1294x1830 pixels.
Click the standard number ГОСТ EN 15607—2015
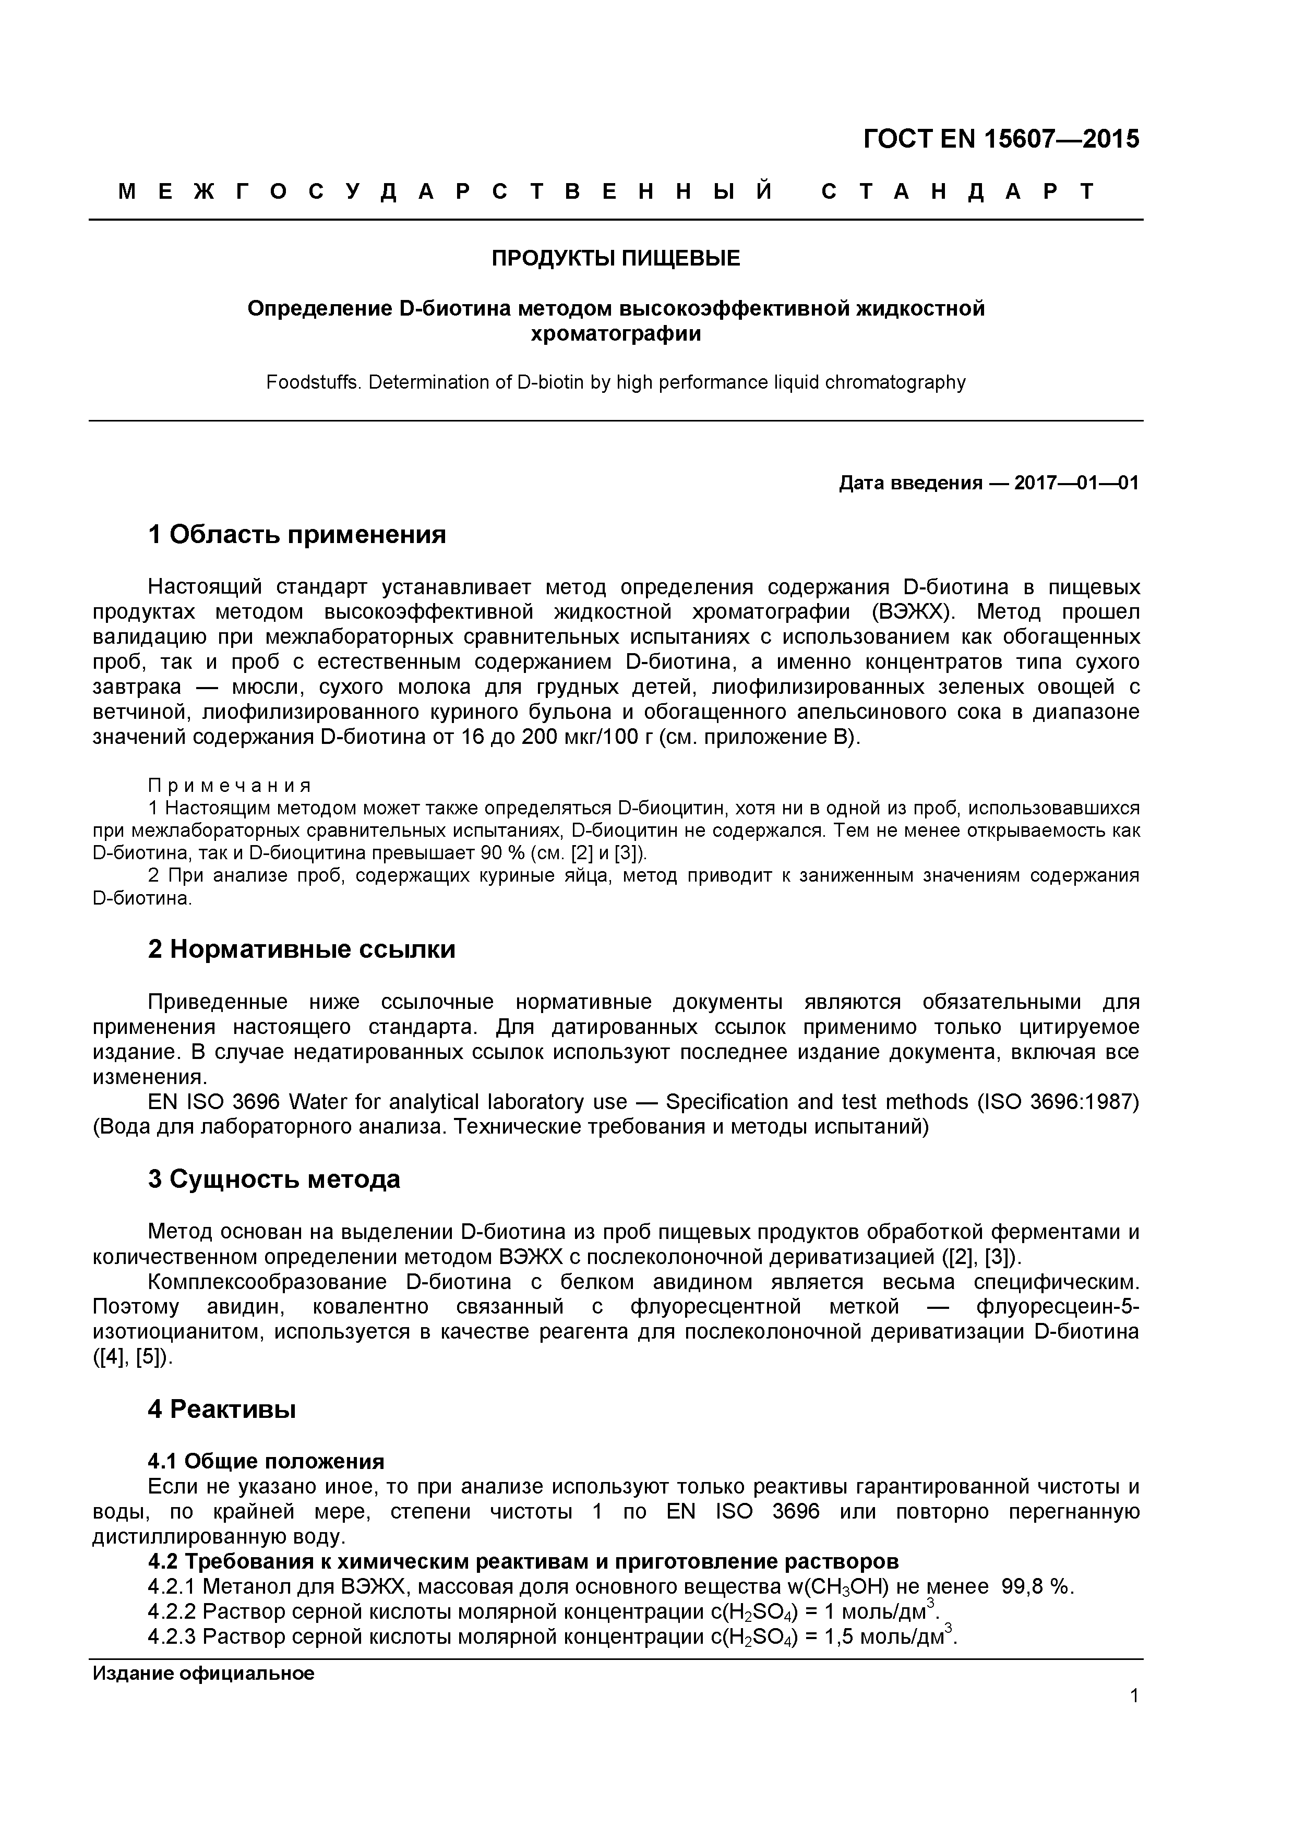point(1001,139)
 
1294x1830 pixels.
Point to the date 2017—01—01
point(1076,483)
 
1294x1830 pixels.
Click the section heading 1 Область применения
point(296,535)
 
